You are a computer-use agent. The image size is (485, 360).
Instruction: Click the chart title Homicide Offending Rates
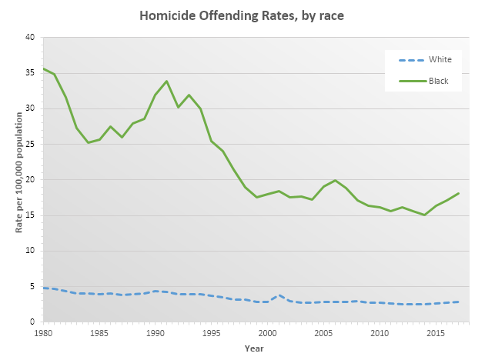[x=242, y=15]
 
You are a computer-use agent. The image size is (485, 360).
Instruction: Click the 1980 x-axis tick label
[x=44, y=335]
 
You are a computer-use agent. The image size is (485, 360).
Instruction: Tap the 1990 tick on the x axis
[x=156, y=335]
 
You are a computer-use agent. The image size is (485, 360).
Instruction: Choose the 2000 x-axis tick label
[x=267, y=335]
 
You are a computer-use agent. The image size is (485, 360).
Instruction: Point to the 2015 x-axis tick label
[x=435, y=335]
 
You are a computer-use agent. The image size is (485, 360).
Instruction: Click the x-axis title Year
[x=254, y=348]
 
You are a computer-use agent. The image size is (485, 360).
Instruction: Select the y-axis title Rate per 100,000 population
[x=11, y=179]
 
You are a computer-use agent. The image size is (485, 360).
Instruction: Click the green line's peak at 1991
[x=166, y=81]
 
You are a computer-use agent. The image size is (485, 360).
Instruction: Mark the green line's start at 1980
[x=44, y=68]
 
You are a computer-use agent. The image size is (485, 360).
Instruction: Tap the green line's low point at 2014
[x=424, y=215]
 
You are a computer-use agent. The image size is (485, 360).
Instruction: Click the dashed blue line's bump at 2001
[x=279, y=295]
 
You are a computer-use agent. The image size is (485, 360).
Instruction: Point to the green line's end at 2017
[x=458, y=193]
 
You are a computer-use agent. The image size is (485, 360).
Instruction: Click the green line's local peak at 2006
[x=335, y=180]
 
